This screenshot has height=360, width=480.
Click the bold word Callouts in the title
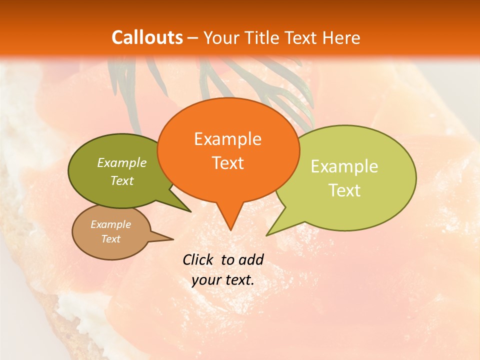point(147,37)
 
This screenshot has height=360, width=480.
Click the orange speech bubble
point(228,150)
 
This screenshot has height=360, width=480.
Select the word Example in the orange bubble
point(227,139)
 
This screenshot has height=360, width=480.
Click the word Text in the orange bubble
point(228,163)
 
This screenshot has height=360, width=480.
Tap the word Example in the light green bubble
point(344,166)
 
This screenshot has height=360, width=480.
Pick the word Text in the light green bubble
point(345,190)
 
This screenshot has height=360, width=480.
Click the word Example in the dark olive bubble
point(122,163)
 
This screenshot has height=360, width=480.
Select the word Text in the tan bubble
point(111,239)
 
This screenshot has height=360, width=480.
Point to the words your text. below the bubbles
point(223,280)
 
